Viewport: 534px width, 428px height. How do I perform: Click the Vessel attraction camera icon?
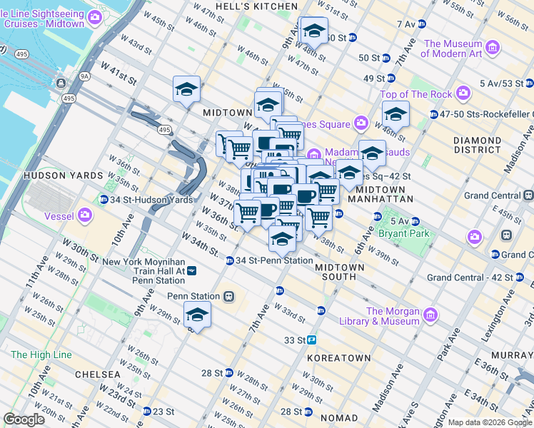point(85,213)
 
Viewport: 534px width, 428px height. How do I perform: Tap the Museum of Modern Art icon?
point(493,49)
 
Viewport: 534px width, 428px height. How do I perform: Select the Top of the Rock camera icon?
point(464,93)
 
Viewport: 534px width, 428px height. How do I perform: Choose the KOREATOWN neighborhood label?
point(338,357)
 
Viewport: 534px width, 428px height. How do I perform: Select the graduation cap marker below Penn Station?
point(198,315)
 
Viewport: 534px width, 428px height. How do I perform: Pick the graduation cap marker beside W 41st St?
point(186,90)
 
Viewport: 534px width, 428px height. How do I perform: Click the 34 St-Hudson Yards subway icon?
point(105,200)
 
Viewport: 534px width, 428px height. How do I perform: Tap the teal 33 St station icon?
point(313,340)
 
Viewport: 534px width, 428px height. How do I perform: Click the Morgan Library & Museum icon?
point(430,315)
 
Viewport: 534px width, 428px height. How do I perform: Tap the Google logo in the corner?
point(24,419)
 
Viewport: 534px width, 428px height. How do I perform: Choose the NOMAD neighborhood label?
point(338,417)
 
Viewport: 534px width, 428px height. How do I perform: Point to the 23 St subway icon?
point(146,412)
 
